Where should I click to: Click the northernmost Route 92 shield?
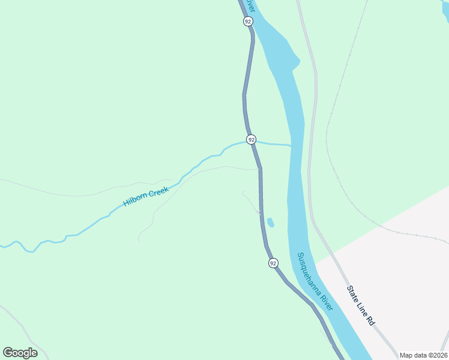248,21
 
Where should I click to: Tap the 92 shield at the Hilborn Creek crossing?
251,139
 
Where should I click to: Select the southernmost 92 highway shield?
273,263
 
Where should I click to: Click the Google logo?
20,353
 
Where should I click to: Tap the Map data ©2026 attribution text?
423,355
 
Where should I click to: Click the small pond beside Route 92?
271,223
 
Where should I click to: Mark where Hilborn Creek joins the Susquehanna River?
291,145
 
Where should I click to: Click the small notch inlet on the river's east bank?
295,62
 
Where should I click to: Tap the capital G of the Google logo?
7,353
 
